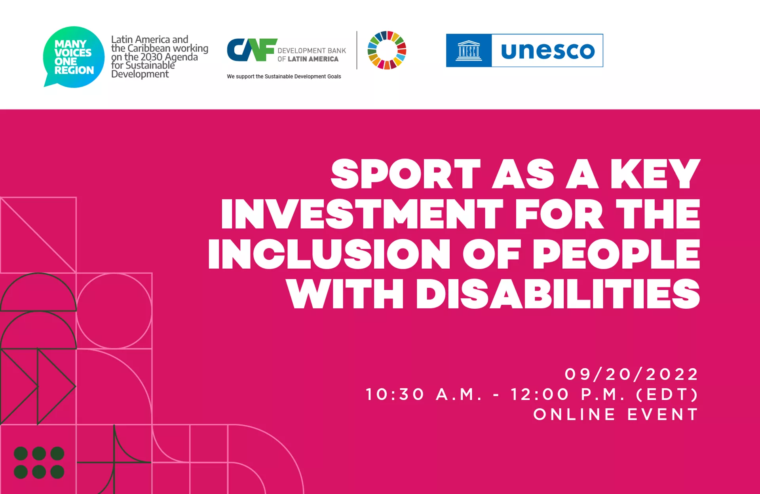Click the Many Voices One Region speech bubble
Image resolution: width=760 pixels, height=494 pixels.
click(x=74, y=57)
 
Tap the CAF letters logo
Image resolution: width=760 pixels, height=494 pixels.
click(x=252, y=50)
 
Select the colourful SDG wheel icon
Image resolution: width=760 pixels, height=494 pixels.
click(x=387, y=50)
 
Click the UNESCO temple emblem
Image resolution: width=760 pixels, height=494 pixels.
click(x=469, y=51)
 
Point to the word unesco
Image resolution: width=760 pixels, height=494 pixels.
click(x=548, y=51)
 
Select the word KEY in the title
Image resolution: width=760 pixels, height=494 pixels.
click(x=655, y=174)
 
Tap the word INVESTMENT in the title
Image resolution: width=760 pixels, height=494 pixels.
click(x=362, y=214)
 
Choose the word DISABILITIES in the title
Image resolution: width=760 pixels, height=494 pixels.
click(x=558, y=293)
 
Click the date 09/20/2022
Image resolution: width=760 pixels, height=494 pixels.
click(x=631, y=374)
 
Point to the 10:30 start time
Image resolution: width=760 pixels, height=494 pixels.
click(x=395, y=394)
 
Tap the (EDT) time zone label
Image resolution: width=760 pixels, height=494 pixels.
click(x=667, y=394)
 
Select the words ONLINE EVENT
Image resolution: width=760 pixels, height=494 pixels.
click(x=616, y=415)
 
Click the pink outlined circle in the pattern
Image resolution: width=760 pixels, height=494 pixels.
click(x=114, y=273)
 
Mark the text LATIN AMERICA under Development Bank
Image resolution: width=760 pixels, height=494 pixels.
click(x=313, y=59)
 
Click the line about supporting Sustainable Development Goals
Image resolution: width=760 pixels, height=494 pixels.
click(x=284, y=77)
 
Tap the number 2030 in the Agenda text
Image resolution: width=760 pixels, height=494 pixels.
click(x=152, y=57)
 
